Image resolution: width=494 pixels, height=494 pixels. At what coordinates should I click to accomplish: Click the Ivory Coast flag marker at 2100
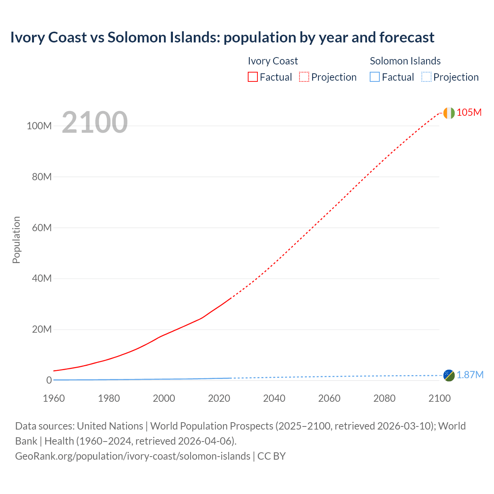(449, 113)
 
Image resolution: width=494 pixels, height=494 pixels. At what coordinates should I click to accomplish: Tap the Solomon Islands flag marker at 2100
(449, 375)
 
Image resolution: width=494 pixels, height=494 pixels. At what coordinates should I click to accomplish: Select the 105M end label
(469, 112)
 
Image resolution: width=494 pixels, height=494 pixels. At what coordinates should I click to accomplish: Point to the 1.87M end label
(470, 375)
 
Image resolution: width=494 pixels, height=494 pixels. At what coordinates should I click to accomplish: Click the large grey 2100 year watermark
(95, 122)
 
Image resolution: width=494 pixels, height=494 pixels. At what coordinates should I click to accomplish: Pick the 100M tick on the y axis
(39, 126)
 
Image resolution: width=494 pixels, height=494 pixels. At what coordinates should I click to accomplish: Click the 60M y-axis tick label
(42, 228)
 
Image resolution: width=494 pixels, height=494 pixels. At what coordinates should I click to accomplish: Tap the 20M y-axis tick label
(42, 329)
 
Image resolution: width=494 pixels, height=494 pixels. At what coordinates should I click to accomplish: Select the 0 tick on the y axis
(49, 380)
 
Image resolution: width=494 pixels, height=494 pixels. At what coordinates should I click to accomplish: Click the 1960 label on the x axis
(54, 398)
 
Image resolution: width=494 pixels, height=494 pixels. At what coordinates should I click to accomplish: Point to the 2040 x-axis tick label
(274, 398)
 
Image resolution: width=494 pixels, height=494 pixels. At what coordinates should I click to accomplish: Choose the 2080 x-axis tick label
(384, 398)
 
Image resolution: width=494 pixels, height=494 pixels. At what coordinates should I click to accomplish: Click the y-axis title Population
(16, 240)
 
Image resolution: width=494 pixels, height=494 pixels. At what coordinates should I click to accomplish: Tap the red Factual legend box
(252, 77)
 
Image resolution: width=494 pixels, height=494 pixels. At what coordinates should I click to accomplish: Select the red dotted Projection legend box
(304, 77)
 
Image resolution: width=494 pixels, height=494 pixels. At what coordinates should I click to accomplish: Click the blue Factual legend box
(375, 77)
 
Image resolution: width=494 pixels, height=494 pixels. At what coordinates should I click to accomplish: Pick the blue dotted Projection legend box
(426, 77)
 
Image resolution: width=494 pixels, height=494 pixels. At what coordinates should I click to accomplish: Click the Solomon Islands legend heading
(405, 61)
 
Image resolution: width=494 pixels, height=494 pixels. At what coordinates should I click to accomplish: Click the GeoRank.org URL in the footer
(132, 456)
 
